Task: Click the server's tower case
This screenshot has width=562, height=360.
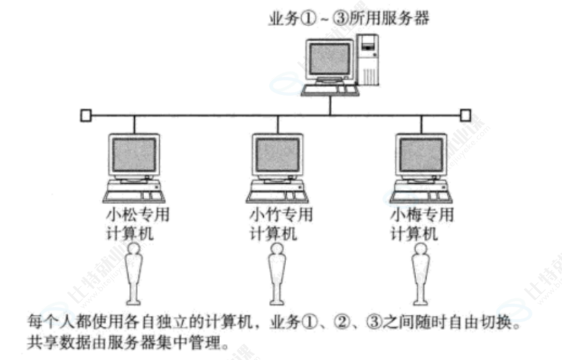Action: point(369,61)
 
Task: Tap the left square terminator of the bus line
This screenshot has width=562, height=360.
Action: point(85,115)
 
